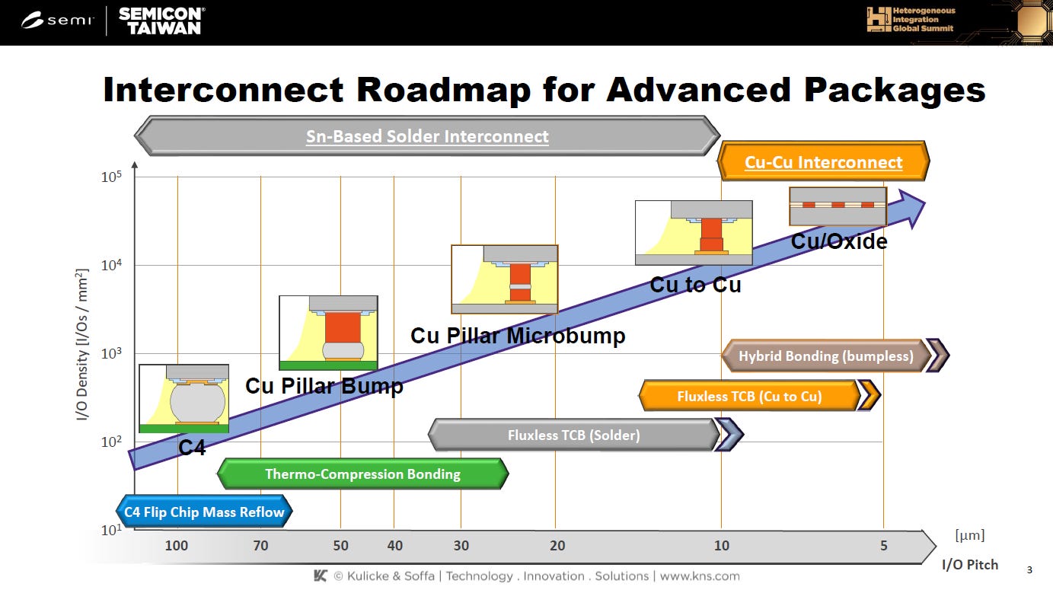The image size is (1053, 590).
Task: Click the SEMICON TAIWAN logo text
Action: point(161,21)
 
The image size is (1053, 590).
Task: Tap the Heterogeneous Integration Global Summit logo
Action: point(911,21)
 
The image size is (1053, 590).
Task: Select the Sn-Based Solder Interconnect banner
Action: point(426,136)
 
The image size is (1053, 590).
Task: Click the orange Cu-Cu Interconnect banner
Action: point(823,162)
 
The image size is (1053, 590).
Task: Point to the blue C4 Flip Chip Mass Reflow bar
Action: point(203,512)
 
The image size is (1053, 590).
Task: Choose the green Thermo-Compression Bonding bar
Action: point(362,474)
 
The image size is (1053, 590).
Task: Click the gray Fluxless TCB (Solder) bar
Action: point(573,435)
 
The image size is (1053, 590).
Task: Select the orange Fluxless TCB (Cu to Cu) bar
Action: point(749,396)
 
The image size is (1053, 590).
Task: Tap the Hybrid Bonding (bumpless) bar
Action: point(825,356)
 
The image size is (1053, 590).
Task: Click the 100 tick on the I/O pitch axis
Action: point(176,545)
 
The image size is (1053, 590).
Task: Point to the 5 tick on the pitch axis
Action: point(883,545)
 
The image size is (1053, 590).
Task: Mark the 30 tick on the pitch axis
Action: point(461,545)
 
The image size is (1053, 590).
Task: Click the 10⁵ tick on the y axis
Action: point(112,177)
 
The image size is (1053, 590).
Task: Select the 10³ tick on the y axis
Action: point(112,354)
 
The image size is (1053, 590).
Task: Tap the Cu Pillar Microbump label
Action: point(518,336)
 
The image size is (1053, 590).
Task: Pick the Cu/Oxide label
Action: point(838,242)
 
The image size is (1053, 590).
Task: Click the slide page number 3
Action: point(1030,569)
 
